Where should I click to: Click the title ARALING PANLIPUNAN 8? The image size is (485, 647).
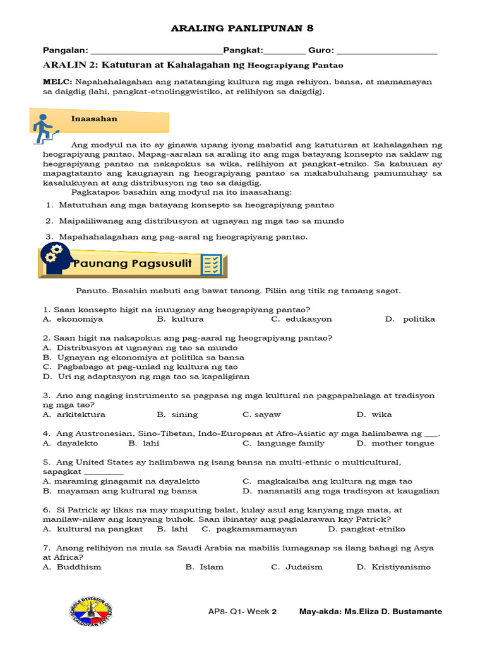243,28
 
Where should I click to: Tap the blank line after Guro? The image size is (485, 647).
388,51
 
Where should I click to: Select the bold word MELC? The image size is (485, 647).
57,82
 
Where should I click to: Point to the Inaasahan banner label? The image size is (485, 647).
94,119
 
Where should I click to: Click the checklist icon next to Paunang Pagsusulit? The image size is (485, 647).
211,265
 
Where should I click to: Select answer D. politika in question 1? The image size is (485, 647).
410,319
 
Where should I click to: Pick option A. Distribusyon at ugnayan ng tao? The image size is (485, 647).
140,348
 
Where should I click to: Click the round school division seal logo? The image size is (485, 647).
89,612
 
